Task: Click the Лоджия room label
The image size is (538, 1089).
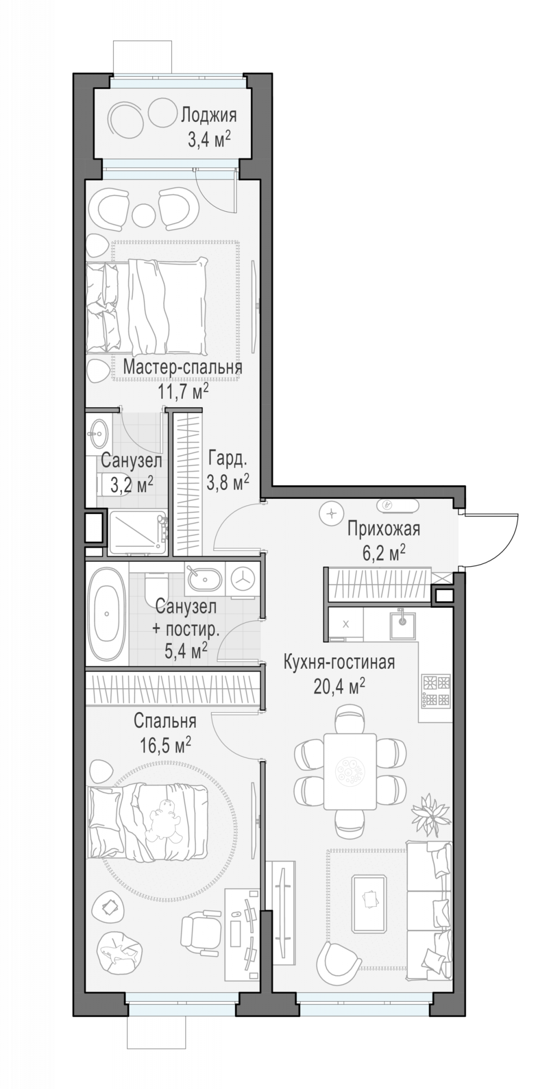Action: click(209, 116)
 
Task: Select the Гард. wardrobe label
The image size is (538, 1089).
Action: click(227, 459)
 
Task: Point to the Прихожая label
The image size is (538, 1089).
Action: click(384, 528)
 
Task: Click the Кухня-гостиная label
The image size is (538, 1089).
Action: click(339, 662)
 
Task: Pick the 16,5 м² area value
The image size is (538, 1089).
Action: click(165, 744)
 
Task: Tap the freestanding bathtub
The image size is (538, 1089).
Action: click(107, 614)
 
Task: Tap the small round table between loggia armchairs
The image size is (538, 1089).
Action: click(144, 213)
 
